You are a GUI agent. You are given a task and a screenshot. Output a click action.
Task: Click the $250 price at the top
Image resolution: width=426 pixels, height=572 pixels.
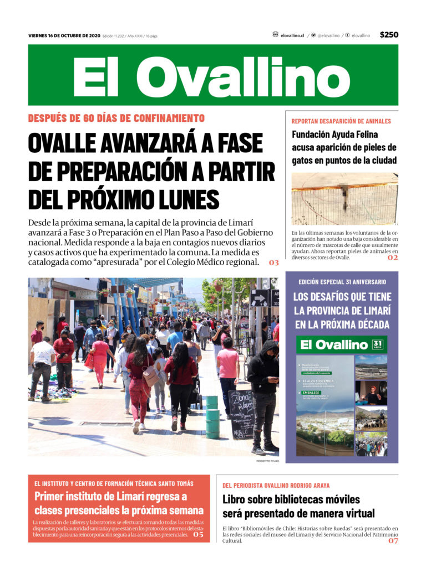point(389,35)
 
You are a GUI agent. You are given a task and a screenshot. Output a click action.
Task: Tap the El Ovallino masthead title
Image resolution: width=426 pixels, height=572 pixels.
point(212,76)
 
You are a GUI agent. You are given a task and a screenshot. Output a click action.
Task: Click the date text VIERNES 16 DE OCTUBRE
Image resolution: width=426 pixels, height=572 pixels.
point(64,36)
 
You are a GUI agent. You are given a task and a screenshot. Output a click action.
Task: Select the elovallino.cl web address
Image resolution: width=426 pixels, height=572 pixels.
point(292,35)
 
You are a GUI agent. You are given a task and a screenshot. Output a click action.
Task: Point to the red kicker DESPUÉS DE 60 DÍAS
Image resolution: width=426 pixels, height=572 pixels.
point(116,118)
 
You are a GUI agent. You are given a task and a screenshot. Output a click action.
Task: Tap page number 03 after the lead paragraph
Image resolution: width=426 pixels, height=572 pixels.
point(273,262)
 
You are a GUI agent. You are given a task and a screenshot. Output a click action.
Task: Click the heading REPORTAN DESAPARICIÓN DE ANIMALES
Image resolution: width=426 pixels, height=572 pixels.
point(341,121)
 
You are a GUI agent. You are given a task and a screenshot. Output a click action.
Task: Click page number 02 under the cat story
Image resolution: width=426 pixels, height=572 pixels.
point(393,257)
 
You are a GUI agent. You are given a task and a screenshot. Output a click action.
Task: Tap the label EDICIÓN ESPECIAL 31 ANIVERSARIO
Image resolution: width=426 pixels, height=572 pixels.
point(341,282)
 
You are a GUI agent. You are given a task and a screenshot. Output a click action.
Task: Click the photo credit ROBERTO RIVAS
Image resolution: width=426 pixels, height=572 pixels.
point(267,461)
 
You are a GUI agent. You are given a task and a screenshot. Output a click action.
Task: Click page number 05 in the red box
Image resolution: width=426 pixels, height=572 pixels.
point(198,535)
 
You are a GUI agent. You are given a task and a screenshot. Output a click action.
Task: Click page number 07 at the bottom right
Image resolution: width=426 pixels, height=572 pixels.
point(393,541)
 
